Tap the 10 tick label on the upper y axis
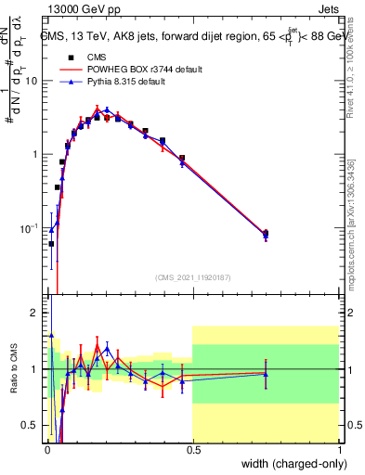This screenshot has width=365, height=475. (x=31, y=81)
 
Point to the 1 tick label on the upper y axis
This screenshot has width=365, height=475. (x=34, y=154)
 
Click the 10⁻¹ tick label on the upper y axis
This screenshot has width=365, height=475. (x=30, y=228)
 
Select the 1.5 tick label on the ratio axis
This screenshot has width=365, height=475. (x=31, y=341)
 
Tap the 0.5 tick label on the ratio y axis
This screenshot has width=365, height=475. (x=31, y=426)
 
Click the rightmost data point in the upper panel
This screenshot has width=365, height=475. (x=266, y=234)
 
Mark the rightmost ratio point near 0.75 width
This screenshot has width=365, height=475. (x=266, y=374)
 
